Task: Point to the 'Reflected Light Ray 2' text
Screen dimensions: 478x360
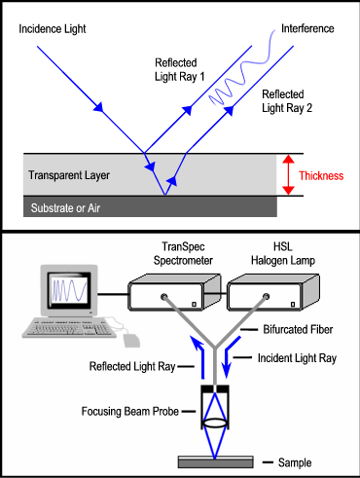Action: click(x=296, y=101)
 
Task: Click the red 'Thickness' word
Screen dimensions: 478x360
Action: click(x=322, y=176)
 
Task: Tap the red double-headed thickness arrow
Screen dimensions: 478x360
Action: click(x=287, y=175)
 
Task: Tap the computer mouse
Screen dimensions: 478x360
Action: click(x=131, y=340)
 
